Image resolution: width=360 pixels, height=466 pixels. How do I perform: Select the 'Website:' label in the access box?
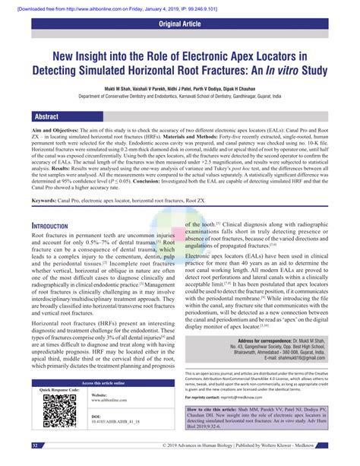click(99, 416)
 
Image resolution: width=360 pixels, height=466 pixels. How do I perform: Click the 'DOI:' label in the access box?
click(96, 437)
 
